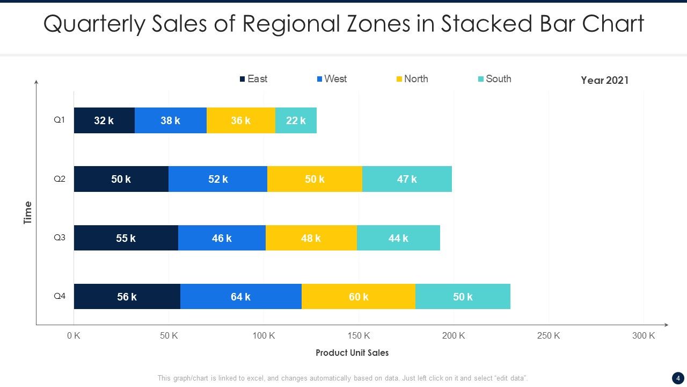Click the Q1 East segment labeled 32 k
[x=104, y=120]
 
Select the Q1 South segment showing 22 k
[x=296, y=120]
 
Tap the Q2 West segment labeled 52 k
[x=218, y=179]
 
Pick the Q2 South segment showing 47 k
[x=407, y=179]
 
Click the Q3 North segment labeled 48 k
[x=311, y=238]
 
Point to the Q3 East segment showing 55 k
[x=126, y=238]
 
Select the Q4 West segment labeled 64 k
[x=240, y=297]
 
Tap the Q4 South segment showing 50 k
[x=463, y=297]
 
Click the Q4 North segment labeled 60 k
[x=359, y=297]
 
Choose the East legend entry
[x=253, y=79]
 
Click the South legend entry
[x=494, y=79]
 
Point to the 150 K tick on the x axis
[x=359, y=336]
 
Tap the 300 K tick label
[x=644, y=336]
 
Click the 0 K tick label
[x=74, y=336]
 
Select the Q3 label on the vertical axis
[x=60, y=237]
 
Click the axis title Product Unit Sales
[x=352, y=353]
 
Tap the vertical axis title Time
[x=28, y=213]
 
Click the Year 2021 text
[x=604, y=81]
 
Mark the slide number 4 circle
[x=678, y=378]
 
